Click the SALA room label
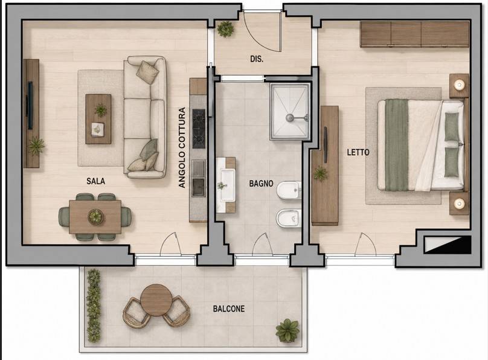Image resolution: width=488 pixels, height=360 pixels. coord(95,181)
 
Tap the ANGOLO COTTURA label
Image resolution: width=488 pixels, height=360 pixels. coord(182,147)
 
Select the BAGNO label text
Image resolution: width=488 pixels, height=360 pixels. coord(261,184)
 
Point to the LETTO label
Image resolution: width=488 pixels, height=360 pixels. coord(358,152)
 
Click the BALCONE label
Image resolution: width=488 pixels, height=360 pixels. coord(229,309)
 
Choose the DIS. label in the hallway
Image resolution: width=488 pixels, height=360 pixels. coord(257,59)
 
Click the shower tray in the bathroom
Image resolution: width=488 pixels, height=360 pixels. coord(290,111)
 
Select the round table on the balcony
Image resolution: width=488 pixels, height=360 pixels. coord(156,300)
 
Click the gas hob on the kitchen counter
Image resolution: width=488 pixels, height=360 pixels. coord(199,129)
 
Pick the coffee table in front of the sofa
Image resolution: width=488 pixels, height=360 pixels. coord(98,119)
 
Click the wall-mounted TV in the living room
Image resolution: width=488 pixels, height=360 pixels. coord(30,106)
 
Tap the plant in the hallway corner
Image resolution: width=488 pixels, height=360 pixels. coord(225,29)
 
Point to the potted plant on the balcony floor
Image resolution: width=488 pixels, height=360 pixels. coord(287,330)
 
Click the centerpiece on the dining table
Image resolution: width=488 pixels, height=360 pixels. coord(95,217)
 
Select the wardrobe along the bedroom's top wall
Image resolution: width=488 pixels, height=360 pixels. coord(414,34)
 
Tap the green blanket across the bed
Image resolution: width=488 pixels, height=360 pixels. coord(396,145)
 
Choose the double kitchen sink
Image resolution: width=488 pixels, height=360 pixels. coord(199,178)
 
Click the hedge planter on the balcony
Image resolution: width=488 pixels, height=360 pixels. coord(94,306)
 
